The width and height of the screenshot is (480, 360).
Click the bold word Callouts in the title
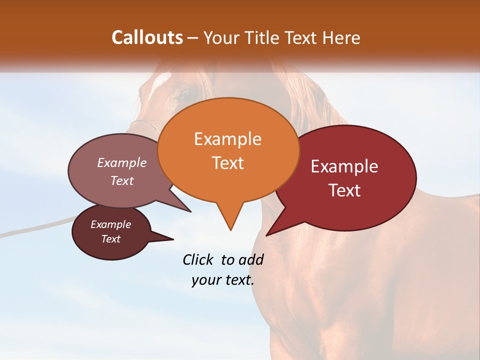(147, 37)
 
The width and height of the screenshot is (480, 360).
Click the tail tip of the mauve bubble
(190, 211)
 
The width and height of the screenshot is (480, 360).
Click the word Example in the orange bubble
(227, 139)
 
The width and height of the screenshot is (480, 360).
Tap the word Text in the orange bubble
(228, 163)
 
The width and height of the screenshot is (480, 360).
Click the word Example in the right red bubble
(344, 166)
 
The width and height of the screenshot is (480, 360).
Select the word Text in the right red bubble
(345, 190)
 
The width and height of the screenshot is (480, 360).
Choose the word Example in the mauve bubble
(122, 162)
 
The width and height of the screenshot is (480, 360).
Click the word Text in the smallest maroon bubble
(111, 239)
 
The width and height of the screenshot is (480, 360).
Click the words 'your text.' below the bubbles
(222, 280)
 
